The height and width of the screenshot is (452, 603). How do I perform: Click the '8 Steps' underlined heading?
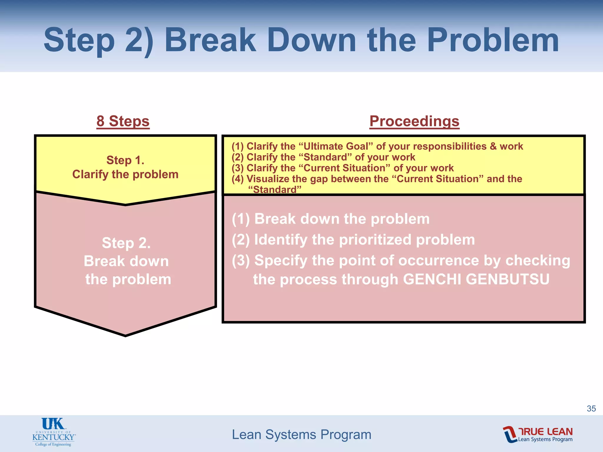click(x=123, y=121)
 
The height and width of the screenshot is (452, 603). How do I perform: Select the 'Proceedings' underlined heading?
click(x=414, y=121)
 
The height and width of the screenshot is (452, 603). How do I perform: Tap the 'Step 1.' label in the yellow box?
click(x=125, y=160)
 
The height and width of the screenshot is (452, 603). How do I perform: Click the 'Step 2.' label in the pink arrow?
click(x=126, y=243)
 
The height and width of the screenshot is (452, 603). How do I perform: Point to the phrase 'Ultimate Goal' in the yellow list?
click(x=336, y=146)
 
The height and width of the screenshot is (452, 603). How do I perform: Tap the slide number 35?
click(x=591, y=408)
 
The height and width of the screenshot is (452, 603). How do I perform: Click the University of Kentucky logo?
click(x=54, y=432)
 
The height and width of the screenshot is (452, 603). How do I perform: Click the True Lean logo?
click(x=538, y=434)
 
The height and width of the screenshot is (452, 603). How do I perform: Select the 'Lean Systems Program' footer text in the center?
click(x=301, y=435)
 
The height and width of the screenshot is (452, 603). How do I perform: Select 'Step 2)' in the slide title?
click(x=98, y=41)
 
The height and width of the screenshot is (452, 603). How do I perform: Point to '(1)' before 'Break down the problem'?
click(x=241, y=219)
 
